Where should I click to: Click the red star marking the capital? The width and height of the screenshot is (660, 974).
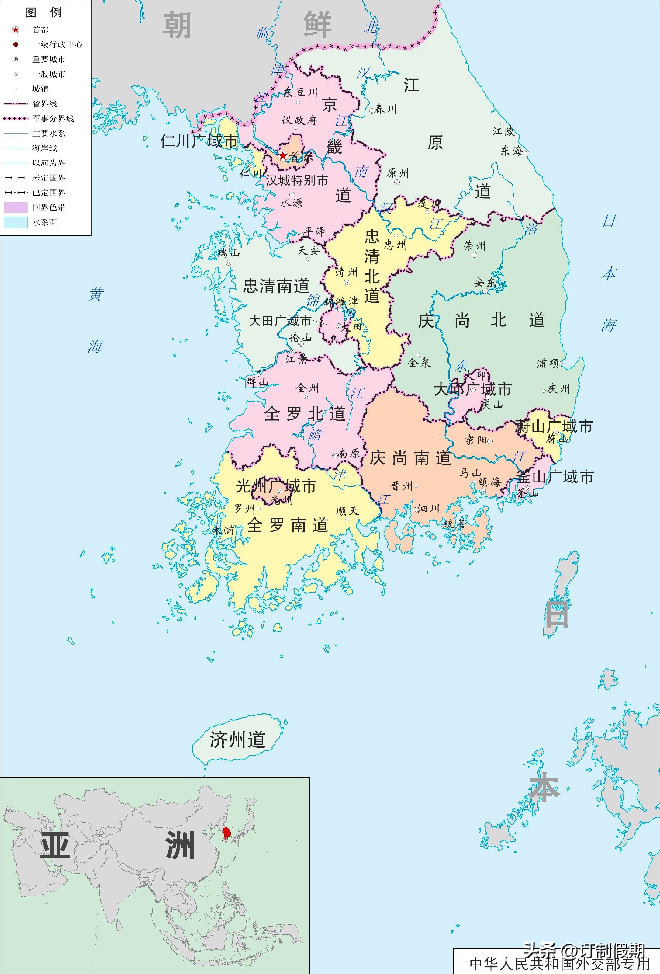[x=283, y=156]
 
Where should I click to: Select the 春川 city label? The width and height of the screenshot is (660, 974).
[x=385, y=110]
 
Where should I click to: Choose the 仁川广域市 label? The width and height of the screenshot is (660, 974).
[x=199, y=141]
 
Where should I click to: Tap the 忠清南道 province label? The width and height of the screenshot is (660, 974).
[x=276, y=286]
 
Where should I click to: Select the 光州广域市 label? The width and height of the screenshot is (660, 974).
[x=275, y=486]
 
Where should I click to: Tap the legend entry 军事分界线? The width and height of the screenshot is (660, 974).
[x=53, y=119]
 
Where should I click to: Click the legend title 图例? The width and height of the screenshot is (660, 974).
[x=43, y=12]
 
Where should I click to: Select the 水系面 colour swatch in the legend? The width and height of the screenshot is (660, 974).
[x=16, y=222]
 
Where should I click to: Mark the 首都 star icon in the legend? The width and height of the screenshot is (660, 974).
[x=16, y=30]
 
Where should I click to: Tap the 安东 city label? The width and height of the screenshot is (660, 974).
[x=485, y=283]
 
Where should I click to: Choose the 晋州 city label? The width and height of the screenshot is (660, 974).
[x=402, y=486]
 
